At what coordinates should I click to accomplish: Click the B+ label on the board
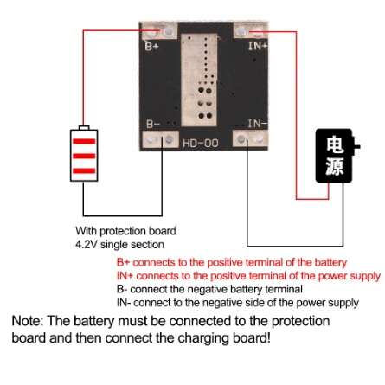(151, 46)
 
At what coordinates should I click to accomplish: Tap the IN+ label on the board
(258, 46)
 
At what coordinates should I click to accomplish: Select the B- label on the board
(153, 124)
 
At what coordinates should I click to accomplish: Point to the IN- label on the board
(258, 124)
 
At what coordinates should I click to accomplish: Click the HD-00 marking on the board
(201, 143)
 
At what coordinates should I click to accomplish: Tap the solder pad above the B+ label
(160, 31)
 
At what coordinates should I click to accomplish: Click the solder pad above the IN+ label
(251, 30)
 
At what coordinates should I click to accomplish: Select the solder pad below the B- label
(161, 140)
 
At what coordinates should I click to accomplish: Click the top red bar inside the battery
(84, 141)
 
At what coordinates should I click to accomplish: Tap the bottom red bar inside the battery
(84, 170)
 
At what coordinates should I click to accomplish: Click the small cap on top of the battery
(84, 127)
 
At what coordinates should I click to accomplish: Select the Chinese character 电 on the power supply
(335, 144)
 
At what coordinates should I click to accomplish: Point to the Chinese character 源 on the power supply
(335, 166)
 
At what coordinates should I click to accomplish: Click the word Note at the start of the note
(28, 321)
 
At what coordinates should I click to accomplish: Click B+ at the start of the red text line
(123, 262)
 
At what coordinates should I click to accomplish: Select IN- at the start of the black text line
(124, 303)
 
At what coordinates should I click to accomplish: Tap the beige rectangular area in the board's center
(199, 80)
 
